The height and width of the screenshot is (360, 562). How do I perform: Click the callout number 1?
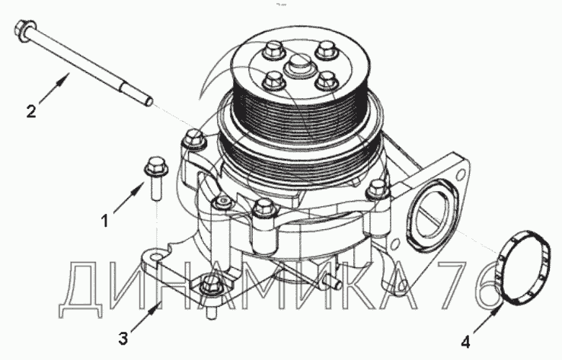click(104, 221)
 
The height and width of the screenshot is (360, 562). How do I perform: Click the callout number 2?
click(31, 111)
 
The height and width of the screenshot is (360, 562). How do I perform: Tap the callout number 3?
click(123, 338)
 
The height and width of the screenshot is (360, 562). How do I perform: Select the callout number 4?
click(465, 342)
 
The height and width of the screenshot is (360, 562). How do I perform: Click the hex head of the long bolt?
click(25, 28)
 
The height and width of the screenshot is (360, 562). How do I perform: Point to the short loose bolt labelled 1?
click(155, 177)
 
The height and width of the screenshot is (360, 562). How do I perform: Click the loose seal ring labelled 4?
click(523, 268)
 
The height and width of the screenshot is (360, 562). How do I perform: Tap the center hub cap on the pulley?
click(299, 65)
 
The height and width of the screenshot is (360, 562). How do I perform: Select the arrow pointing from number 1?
click(129, 198)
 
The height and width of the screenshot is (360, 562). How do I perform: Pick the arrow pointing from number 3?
click(145, 317)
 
